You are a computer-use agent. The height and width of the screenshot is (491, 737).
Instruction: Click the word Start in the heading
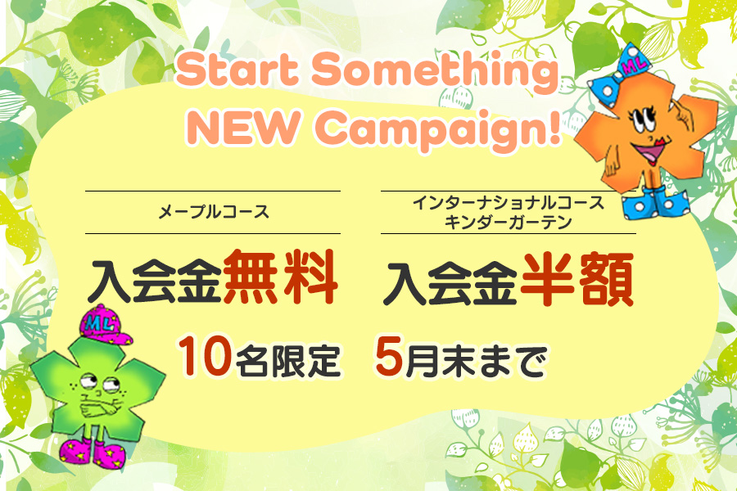click(x=237, y=70)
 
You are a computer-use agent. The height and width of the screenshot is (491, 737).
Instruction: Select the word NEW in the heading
click(x=244, y=128)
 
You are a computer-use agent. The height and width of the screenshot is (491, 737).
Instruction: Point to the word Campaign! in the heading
click(x=438, y=130)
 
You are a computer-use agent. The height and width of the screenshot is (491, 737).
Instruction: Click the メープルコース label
click(x=214, y=213)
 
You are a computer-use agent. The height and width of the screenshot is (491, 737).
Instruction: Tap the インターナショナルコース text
click(x=508, y=203)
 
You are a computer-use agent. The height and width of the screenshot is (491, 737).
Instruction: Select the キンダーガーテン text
click(x=508, y=222)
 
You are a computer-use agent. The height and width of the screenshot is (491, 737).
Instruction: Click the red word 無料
click(x=281, y=277)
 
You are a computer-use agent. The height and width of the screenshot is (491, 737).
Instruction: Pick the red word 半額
click(x=577, y=280)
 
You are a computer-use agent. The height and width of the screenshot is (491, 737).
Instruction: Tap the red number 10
click(x=206, y=356)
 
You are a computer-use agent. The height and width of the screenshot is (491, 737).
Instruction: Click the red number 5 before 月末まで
click(x=389, y=356)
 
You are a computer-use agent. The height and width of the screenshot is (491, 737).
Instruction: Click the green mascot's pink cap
click(x=104, y=323)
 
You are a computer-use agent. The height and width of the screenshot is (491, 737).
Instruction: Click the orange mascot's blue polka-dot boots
click(x=655, y=203)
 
